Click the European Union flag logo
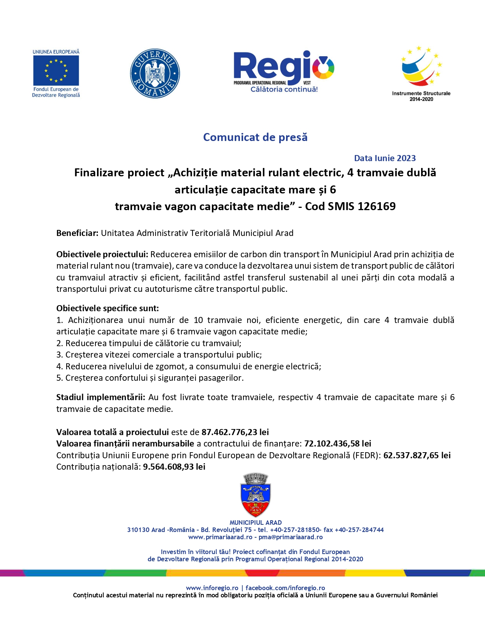(x=56, y=71)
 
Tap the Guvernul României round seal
(x=155, y=73)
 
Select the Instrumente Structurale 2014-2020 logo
(x=421, y=74)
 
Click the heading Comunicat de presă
(x=255, y=137)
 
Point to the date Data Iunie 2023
(x=385, y=158)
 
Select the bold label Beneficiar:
(x=78, y=233)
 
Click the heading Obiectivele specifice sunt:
(x=108, y=308)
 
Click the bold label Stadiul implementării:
(x=100, y=397)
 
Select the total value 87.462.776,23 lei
(x=235, y=432)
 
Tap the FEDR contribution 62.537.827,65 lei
(x=417, y=455)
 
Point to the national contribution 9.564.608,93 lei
(x=174, y=467)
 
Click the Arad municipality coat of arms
(x=256, y=495)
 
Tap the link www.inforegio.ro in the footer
(x=212, y=588)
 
